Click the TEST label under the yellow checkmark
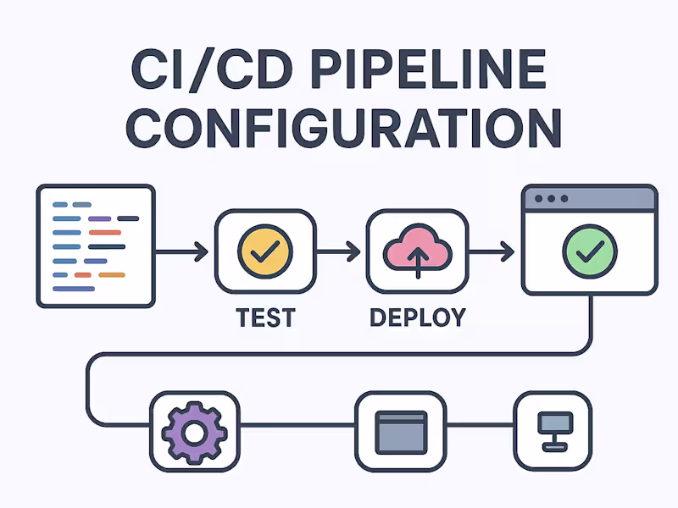[265, 317]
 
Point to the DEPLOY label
[417, 317]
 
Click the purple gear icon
[193, 432]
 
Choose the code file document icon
[96, 246]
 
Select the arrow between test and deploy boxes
[339, 251]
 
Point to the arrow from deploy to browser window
[492, 251]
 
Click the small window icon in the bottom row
[400, 432]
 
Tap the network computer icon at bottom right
[553, 432]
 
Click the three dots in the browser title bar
[552, 199]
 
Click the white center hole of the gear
[193, 433]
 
